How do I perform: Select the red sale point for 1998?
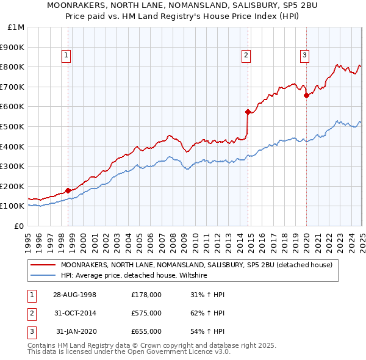tap(68, 190)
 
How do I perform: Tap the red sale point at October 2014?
tap(248, 112)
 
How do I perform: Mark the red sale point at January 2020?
tap(306, 95)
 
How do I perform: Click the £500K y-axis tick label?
tap(13, 126)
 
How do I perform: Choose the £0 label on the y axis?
tap(19, 226)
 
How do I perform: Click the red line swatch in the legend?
tap(44, 265)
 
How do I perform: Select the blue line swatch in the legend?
tap(44, 276)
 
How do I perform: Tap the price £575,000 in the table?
tap(146, 313)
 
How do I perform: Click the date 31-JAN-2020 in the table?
tap(75, 331)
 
